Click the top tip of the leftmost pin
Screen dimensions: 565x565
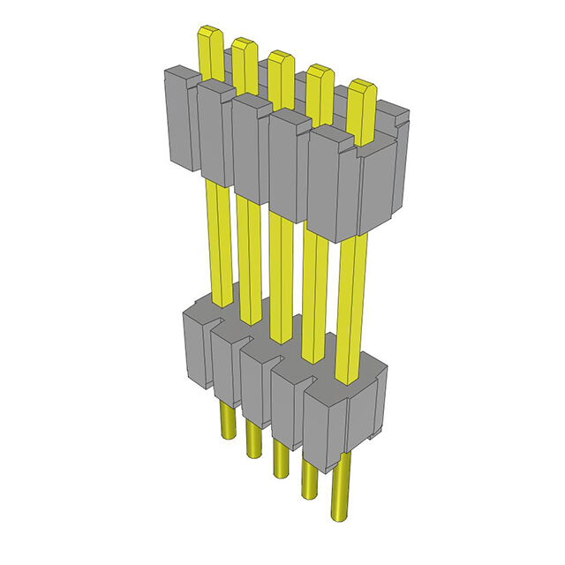(210, 37)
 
